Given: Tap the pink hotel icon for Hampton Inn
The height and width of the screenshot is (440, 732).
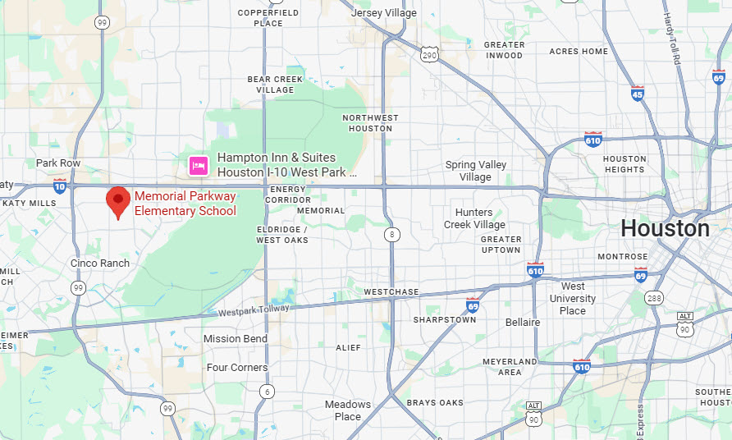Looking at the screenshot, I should coord(198,165).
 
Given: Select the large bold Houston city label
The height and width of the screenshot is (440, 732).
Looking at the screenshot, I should coord(665,228).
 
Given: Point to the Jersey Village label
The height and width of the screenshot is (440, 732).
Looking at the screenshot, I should coord(383,13).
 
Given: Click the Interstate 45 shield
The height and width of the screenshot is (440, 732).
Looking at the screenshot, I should coord(638,93).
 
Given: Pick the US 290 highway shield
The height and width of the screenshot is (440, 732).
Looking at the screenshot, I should coord(429,55).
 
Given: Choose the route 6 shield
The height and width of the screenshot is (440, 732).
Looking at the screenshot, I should coord(267,392).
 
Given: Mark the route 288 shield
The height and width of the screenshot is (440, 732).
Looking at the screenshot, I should coord(654,297).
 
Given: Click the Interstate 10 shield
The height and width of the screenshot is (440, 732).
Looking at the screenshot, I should coord(60,186).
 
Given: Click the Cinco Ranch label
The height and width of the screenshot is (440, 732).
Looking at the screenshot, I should coord(100,263).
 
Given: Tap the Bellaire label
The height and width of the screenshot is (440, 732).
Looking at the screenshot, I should coord(523,323).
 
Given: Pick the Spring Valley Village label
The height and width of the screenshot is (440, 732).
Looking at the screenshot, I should coord(476,171).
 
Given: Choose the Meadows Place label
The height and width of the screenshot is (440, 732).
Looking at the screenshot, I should coord(348,410).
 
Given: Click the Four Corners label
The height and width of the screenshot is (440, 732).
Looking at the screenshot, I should coord(237,368).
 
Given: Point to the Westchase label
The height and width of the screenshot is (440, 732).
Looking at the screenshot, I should coord(391,292).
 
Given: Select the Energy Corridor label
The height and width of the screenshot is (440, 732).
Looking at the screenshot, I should coord(288,195).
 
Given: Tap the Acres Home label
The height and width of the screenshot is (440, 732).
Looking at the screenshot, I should coord(579,51).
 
